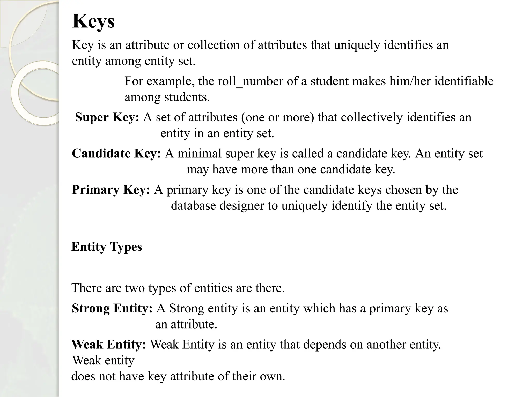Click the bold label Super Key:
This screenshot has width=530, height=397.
[x=107, y=117]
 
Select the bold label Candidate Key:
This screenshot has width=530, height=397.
[x=116, y=154]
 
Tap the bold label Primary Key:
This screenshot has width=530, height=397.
[x=111, y=190]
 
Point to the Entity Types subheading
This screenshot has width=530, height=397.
[x=107, y=247]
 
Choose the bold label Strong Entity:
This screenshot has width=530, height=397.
[x=112, y=308]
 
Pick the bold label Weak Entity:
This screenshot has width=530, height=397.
[x=109, y=345]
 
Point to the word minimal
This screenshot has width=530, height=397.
[x=199, y=154]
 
